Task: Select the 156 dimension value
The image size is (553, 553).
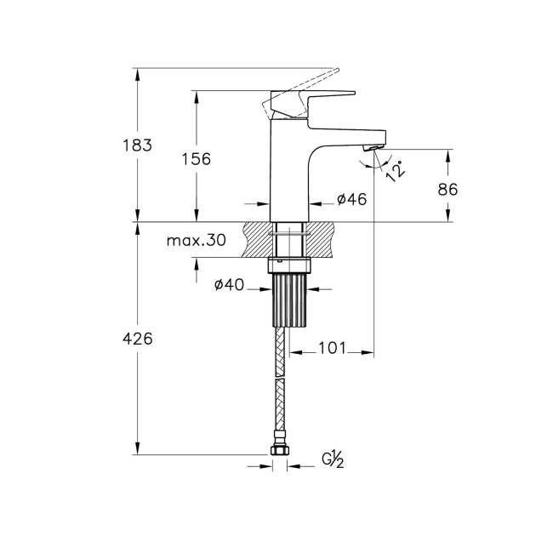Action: (196, 159)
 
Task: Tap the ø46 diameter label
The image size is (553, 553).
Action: (351, 199)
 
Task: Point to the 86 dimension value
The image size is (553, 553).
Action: (448, 190)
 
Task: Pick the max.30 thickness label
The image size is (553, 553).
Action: (197, 241)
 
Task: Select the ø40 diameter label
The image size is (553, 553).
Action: (230, 285)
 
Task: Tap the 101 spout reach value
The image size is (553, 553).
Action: (331, 348)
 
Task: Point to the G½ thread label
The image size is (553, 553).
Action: (333, 460)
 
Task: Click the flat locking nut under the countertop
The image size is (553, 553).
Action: (290, 265)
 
